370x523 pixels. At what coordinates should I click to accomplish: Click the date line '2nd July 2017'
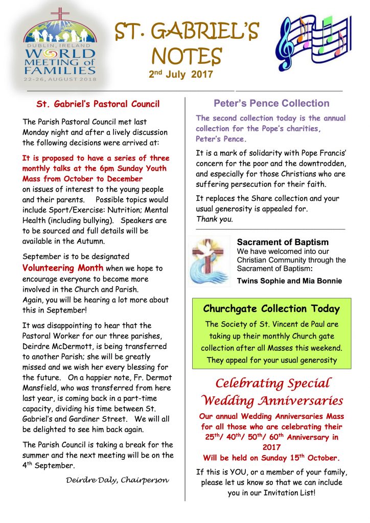(x=180, y=75)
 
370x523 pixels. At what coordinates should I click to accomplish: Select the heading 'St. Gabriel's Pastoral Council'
(x=98, y=104)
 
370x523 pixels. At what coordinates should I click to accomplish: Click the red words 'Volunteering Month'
(x=63, y=268)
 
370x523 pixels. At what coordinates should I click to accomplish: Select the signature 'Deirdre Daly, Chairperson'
(x=118, y=481)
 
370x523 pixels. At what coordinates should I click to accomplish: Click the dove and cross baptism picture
(x=210, y=260)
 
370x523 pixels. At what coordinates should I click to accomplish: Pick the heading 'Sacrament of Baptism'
(x=283, y=242)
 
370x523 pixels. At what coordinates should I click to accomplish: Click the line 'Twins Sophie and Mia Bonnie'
(x=289, y=281)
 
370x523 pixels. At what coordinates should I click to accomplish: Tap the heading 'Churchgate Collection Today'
(x=271, y=309)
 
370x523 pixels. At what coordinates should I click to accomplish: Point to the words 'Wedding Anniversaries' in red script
(x=272, y=400)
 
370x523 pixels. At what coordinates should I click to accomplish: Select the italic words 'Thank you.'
(x=215, y=220)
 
